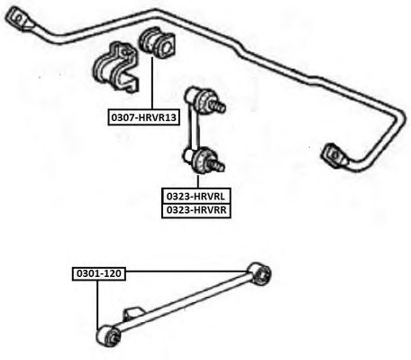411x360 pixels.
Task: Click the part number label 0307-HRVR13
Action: click(144, 117)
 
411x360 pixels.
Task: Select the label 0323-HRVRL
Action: click(196, 197)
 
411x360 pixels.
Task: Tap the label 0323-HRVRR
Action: click(196, 210)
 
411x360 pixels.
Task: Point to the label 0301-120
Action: click(99, 273)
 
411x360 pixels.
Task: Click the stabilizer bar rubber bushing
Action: click(157, 42)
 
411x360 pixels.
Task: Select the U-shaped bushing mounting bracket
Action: click(115, 68)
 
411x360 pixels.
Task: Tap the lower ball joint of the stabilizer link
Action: click(205, 162)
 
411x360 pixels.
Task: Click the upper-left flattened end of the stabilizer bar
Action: click(20, 19)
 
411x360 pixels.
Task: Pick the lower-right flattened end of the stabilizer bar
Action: click(334, 155)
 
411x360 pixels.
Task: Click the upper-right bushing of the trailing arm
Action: click(260, 273)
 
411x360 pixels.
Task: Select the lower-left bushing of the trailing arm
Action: click(108, 336)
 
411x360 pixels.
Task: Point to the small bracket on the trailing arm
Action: click(132, 315)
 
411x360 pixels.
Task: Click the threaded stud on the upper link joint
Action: click(218, 106)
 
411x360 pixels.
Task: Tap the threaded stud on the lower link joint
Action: click(217, 165)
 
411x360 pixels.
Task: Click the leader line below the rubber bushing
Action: click(152, 83)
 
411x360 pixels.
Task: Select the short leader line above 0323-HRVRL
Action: click(198, 181)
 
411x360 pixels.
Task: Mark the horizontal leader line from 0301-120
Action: click(187, 272)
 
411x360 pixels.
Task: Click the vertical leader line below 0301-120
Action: click(97, 305)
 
